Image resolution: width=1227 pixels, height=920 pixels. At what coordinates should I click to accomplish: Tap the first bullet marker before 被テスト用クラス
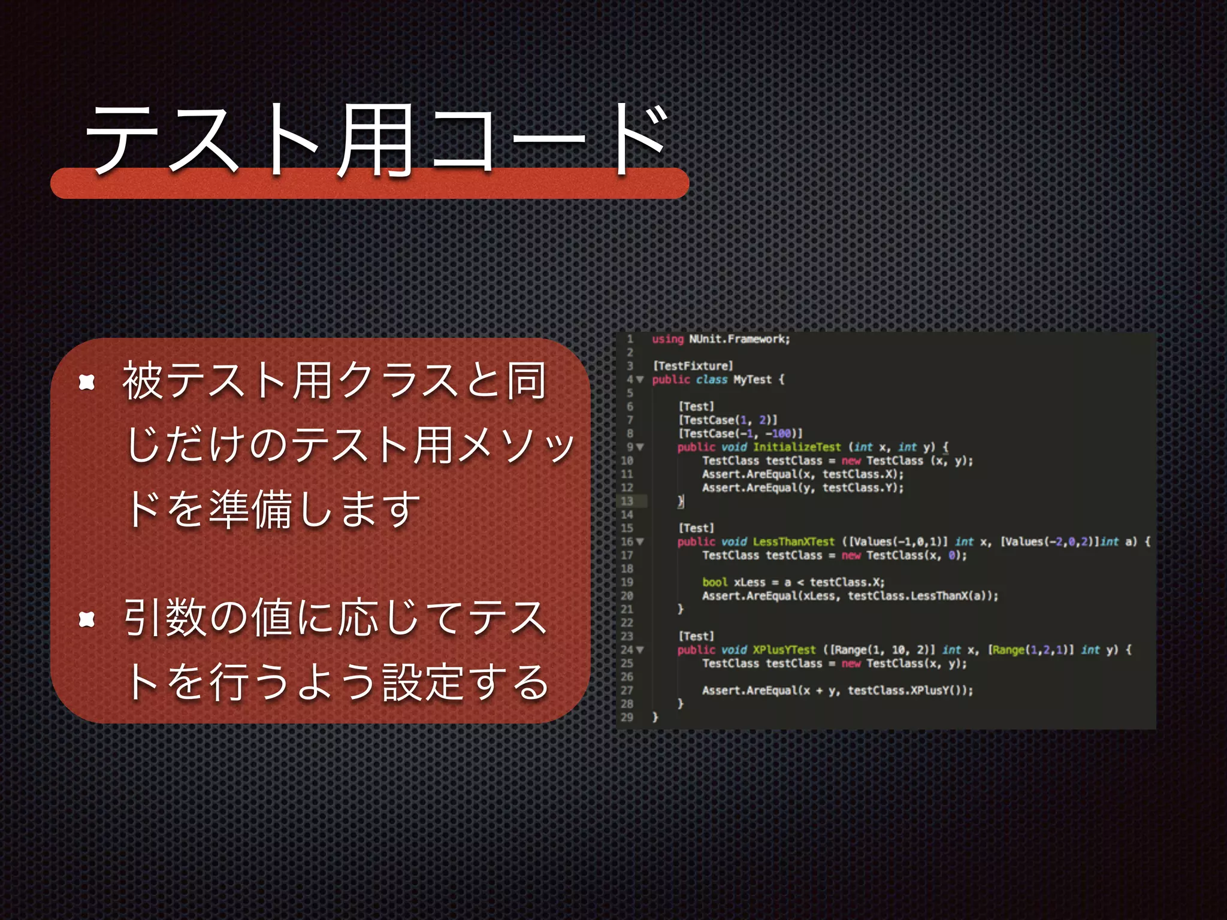[x=87, y=382]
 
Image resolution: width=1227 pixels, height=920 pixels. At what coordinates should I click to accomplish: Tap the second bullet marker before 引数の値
[x=87, y=619]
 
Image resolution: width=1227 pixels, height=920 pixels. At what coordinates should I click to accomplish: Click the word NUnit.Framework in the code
[x=739, y=339]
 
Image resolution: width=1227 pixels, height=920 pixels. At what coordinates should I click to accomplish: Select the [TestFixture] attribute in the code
[x=693, y=366]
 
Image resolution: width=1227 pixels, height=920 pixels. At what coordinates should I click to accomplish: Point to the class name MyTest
[x=752, y=380]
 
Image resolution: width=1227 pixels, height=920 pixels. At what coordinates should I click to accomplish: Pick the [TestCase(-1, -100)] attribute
[x=740, y=434]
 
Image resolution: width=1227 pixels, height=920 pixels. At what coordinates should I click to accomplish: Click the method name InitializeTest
[x=797, y=447]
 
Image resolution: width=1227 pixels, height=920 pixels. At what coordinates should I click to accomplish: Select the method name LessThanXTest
[x=793, y=542]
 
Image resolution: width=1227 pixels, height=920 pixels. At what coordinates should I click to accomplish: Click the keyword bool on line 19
[x=715, y=582]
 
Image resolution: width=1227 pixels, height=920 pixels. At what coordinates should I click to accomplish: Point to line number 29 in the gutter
[x=627, y=718]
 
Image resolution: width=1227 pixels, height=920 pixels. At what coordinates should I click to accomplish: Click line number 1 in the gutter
[x=630, y=339]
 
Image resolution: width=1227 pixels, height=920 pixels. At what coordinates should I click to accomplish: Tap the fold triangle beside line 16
[x=640, y=542]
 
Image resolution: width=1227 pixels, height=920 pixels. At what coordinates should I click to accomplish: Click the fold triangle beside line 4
[x=640, y=380]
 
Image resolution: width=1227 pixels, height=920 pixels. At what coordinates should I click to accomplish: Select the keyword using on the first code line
[x=667, y=339]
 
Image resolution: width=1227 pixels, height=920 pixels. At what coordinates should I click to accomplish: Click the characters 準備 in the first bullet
[x=251, y=509]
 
